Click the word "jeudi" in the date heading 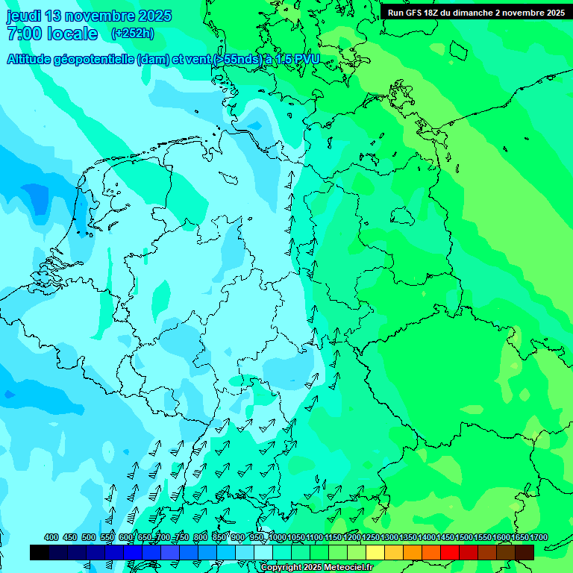click(25, 16)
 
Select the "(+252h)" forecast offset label click(133, 34)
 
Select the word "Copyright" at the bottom click(281, 568)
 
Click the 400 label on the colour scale click(51, 538)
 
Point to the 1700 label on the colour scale click(538, 538)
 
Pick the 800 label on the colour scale click(201, 538)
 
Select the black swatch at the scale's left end click(40, 552)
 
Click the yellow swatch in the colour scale click(375, 552)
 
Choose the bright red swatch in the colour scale click(450, 552)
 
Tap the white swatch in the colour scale click(263, 552)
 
